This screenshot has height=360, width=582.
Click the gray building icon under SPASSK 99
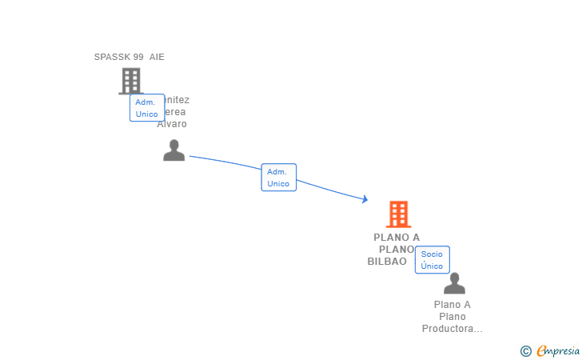coord(130,81)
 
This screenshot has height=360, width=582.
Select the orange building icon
coord(398,214)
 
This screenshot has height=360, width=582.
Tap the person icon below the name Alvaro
coord(173,150)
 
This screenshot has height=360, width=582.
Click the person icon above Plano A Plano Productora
coord(454,283)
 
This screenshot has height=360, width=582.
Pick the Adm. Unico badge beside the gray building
coord(147,108)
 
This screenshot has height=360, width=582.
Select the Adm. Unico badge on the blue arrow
coord(278,178)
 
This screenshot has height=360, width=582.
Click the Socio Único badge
coord(432,260)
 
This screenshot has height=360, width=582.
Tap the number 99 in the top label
coord(139,57)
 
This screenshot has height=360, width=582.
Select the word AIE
coord(157,57)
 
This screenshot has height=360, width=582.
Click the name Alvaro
coord(172,124)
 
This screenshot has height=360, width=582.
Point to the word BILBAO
coord(387,262)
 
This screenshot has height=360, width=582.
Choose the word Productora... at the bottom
coord(452,329)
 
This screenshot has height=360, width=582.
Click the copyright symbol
coord(525,351)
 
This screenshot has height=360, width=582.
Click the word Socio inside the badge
coord(432,254)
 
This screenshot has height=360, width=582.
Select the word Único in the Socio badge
coord(432,266)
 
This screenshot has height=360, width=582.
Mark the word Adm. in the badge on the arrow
coord(277,171)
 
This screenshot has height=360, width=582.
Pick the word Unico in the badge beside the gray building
coord(147,114)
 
